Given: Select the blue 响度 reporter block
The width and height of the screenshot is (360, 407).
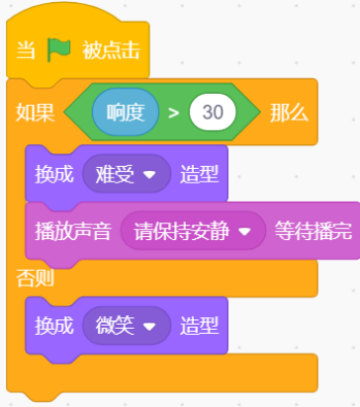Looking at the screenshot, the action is pos(125,112).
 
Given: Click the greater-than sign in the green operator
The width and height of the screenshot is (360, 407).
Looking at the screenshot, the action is pos(173,112).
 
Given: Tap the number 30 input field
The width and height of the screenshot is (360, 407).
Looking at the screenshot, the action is pos(213,112).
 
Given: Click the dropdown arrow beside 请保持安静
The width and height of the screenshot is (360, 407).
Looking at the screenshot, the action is pos(244,233).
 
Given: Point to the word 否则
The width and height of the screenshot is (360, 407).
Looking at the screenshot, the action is pos(36,279).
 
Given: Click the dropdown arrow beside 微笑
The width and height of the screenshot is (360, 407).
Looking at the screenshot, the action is pos(149,326).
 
